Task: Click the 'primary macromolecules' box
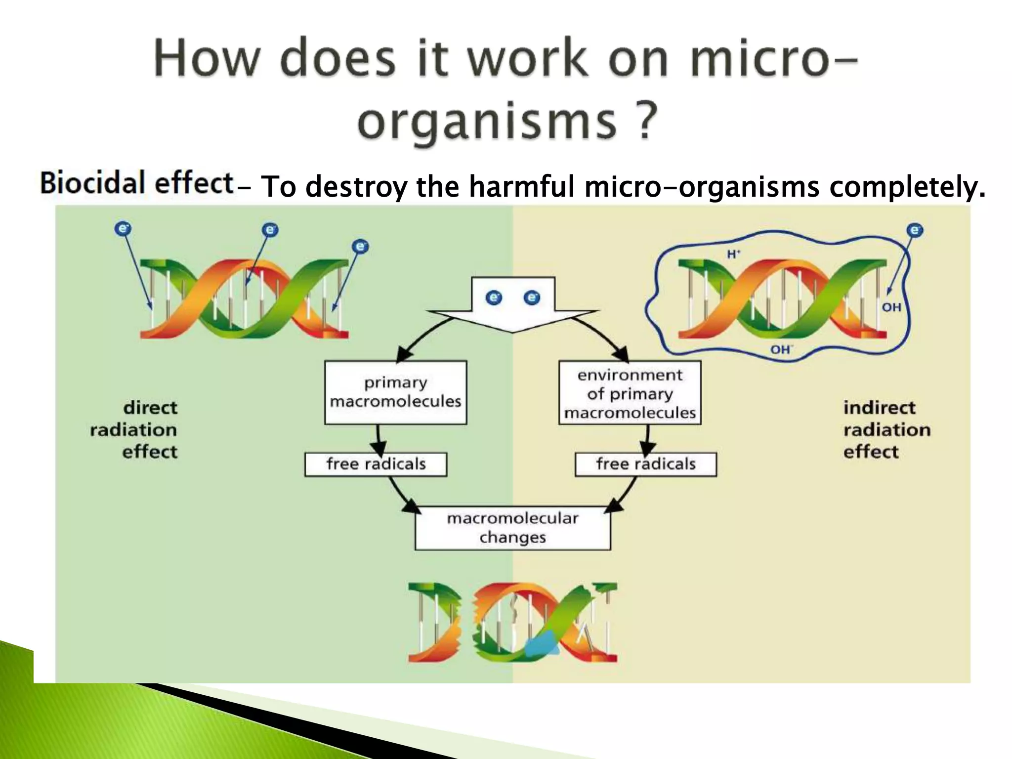[395, 392]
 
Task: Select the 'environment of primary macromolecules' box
[630, 393]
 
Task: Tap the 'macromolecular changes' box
[512, 528]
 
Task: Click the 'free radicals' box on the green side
[376, 464]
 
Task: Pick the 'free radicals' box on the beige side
[645, 464]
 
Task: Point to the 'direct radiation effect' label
[134, 429]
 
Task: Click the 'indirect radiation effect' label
[886, 429]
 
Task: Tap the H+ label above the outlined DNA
[733, 254]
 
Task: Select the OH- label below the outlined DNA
[781, 350]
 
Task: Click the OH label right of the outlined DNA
[891, 307]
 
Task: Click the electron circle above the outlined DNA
[915, 230]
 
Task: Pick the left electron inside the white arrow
[494, 297]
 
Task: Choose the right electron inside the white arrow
[532, 297]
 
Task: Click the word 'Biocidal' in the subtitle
[93, 182]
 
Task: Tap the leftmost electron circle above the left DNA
[123, 228]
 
